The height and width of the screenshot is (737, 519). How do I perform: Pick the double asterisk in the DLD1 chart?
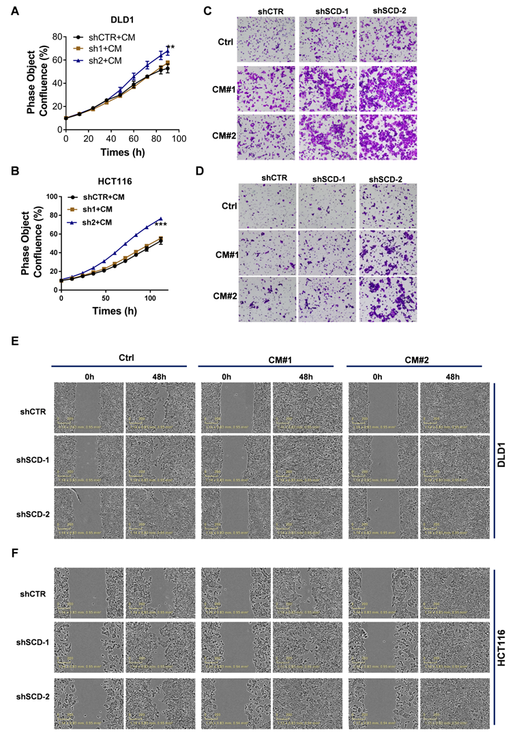pos(170,48)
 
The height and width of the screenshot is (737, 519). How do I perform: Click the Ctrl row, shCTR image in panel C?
pos(266,38)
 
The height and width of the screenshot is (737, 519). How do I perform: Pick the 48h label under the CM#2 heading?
pos(453,377)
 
